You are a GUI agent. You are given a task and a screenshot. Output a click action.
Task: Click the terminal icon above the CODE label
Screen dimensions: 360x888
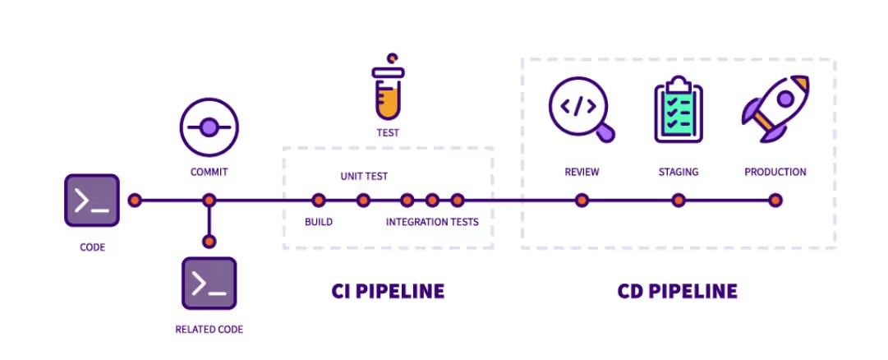pos(92,200)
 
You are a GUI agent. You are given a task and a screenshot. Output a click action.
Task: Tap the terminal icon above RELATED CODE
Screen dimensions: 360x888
pos(209,284)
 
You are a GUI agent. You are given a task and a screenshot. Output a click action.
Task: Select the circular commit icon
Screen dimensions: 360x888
pos(209,127)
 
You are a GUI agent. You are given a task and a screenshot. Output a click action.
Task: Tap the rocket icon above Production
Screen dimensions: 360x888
pos(775,108)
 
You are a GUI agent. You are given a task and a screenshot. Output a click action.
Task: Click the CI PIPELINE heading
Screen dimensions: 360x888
pos(388,291)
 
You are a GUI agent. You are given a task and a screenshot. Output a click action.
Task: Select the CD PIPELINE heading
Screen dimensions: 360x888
pos(677,291)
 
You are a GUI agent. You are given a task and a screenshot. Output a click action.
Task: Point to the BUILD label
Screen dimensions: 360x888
pos(318,222)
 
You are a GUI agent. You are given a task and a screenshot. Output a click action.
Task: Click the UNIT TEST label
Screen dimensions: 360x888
pos(364,176)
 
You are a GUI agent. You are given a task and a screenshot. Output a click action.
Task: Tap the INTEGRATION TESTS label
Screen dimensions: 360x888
pos(432,222)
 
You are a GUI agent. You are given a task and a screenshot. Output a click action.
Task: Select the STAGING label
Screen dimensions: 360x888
pos(678,172)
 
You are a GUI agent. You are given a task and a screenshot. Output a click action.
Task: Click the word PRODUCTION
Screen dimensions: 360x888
pos(775,172)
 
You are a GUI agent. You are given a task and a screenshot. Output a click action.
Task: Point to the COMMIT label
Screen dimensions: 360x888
pos(209,172)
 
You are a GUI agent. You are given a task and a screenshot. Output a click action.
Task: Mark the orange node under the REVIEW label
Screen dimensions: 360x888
pos(582,200)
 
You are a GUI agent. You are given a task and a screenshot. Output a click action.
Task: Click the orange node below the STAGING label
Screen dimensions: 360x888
pos(678,200)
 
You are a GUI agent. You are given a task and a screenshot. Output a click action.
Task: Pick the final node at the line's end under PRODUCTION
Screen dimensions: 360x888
pos(775,200)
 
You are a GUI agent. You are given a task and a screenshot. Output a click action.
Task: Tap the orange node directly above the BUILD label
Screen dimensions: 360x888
pos(319,200)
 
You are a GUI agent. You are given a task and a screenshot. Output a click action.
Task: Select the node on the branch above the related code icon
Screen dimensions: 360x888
pos(209,241)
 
